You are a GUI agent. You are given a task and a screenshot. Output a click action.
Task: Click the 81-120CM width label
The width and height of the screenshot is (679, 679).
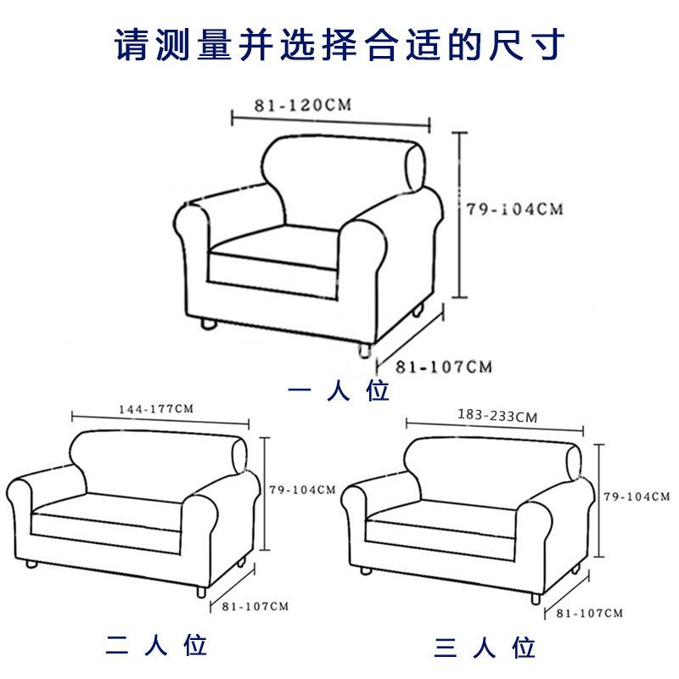[302, 106]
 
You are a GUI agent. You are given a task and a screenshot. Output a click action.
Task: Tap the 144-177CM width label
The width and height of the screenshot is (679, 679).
[158, 408]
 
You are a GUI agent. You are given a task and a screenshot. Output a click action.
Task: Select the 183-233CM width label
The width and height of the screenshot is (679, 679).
[497, 416]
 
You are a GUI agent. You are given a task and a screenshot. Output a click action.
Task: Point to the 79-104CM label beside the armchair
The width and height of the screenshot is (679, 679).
[515, 209]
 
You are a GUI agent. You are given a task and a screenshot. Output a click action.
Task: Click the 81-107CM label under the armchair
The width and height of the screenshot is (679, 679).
[444, 367]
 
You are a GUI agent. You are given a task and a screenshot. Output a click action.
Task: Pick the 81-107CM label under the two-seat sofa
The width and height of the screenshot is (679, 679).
[255, 606]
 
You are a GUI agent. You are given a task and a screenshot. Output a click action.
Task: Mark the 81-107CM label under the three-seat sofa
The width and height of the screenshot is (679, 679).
[591, 612]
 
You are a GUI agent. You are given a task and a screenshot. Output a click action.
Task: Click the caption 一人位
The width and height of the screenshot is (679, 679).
[339, 392]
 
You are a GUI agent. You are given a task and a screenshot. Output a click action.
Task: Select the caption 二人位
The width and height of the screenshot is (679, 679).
[156, 646]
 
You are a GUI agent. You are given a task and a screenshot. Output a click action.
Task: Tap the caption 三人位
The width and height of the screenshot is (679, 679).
[485, 649]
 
